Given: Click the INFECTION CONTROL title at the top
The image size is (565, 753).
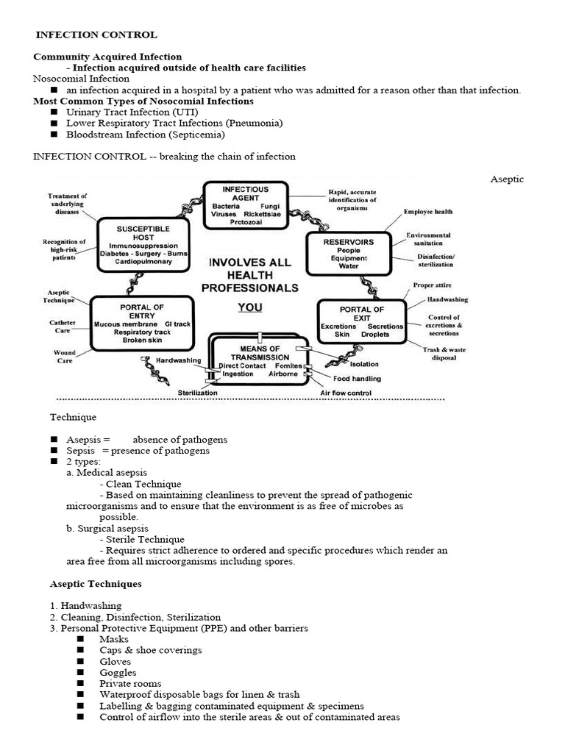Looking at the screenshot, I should pos(96,35).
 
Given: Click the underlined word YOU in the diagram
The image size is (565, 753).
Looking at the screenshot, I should pos(249,307).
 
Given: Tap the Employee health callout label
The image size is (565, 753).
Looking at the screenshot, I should pos(428,212).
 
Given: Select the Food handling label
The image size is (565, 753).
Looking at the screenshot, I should pos(357,379).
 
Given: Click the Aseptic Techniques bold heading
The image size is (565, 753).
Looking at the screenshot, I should pos(96,584).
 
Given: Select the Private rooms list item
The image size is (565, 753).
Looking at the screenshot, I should pos(130,684).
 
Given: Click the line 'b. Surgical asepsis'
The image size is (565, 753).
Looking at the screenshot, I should pos(107,528).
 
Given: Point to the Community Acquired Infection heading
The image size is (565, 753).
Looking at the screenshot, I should pos(107,57).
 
